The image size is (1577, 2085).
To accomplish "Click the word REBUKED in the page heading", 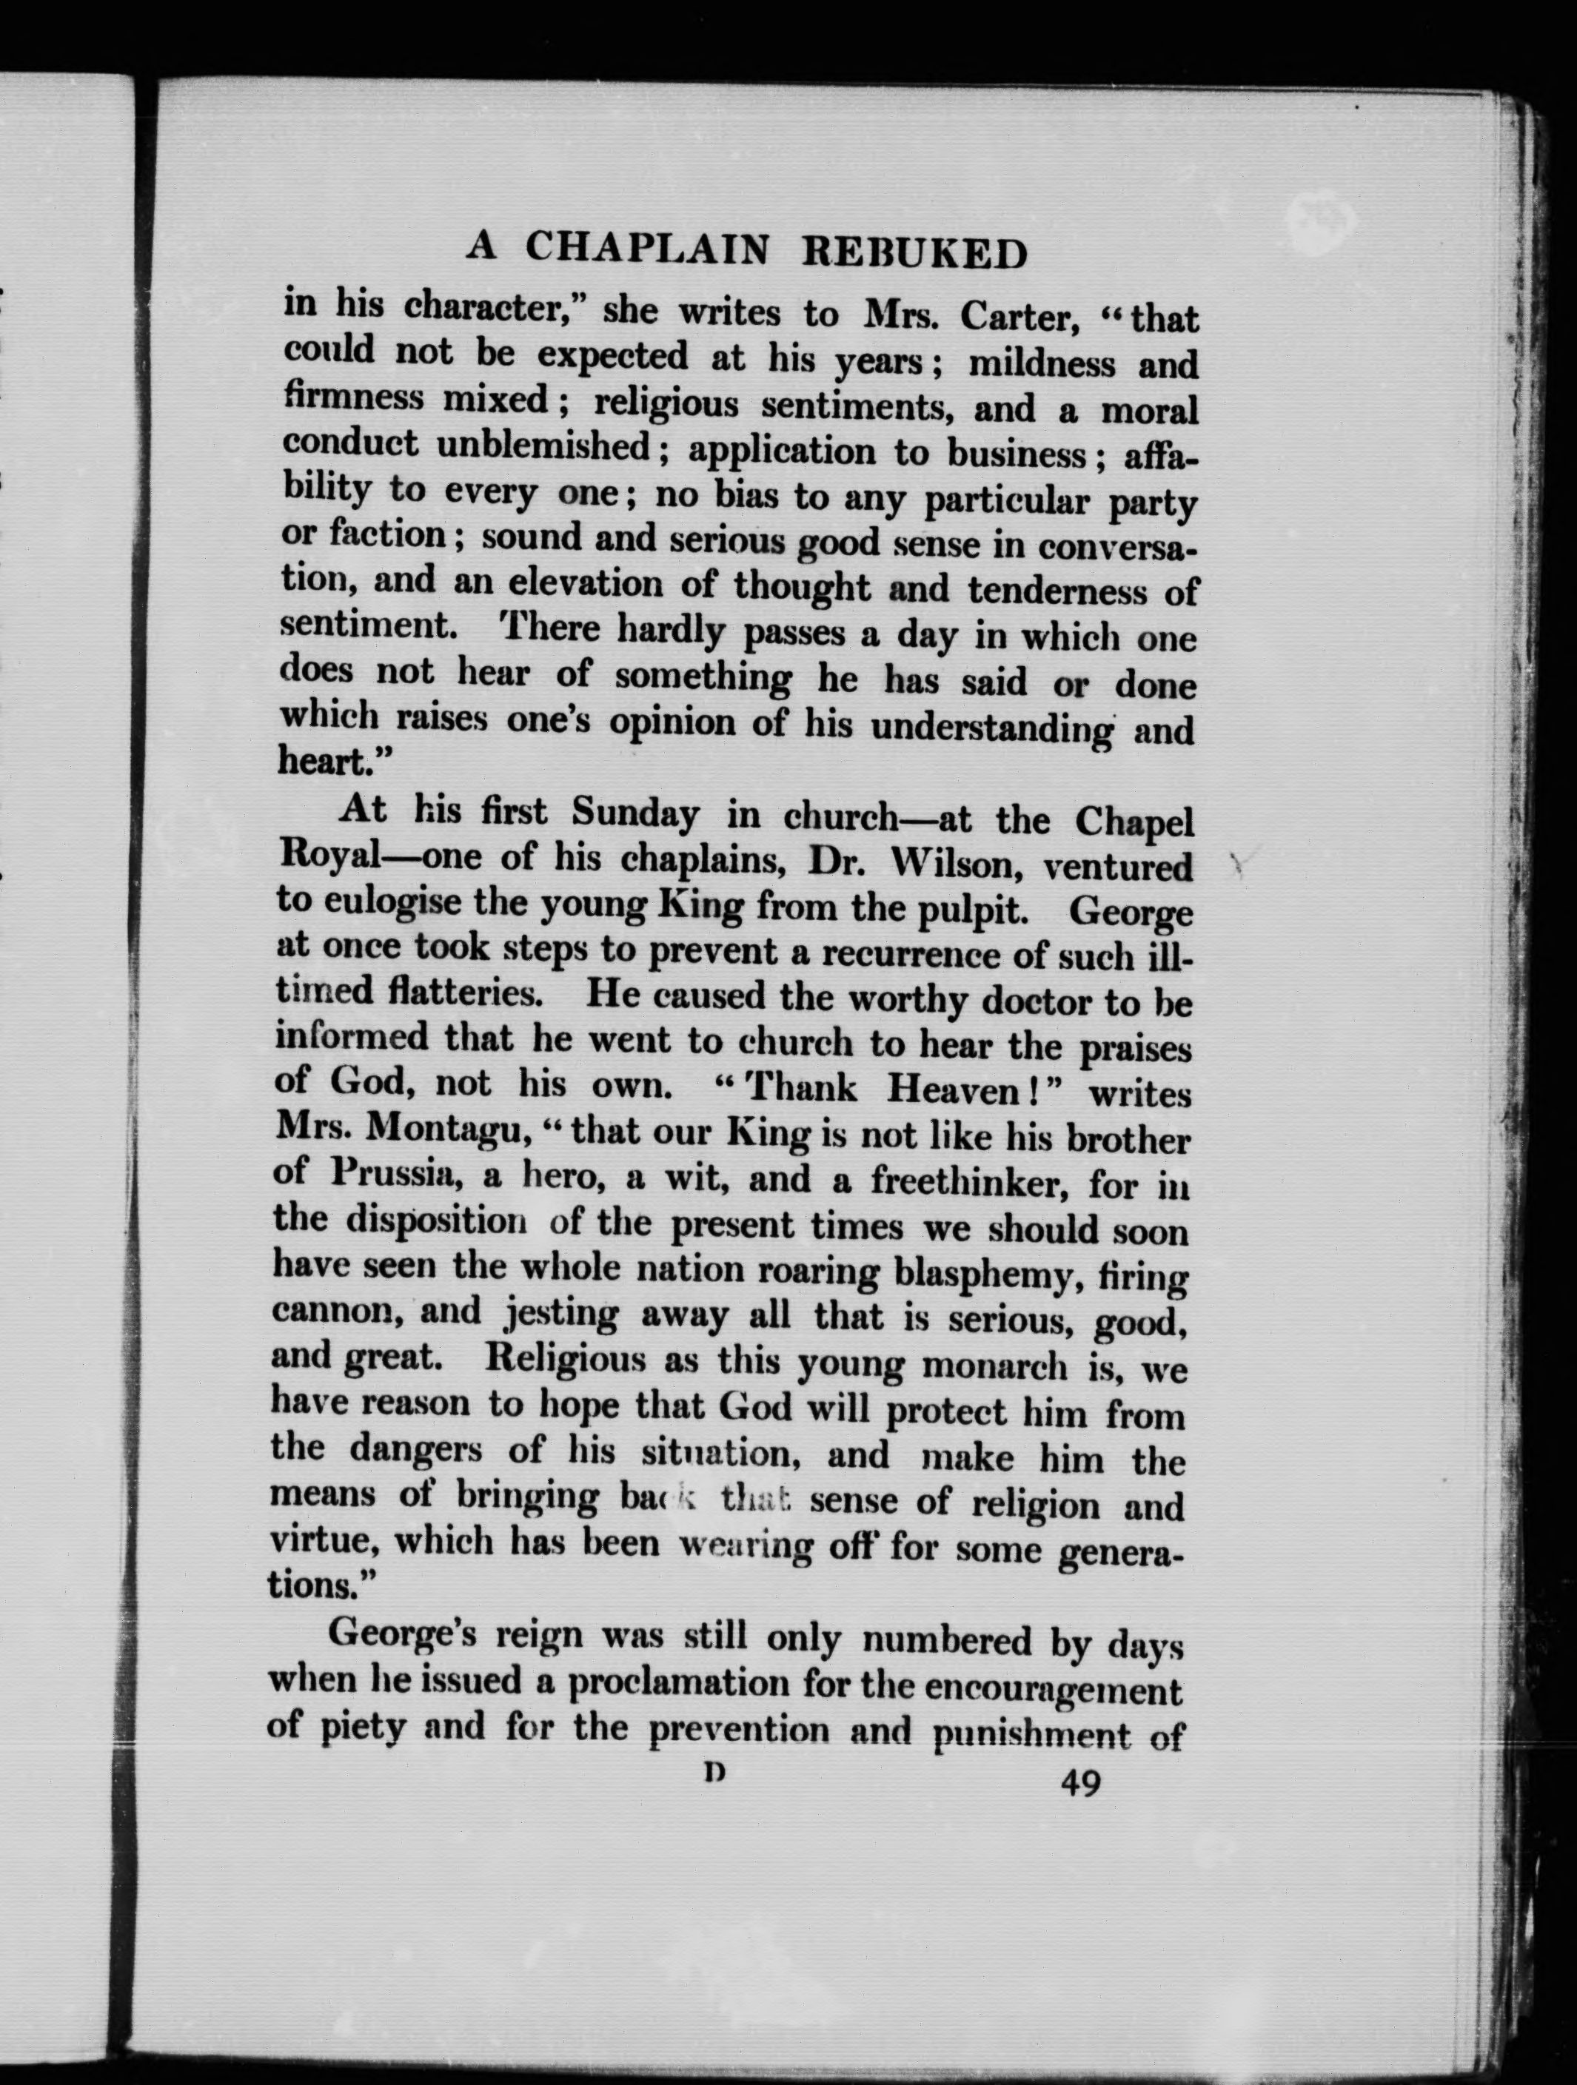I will pos(914,252).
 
